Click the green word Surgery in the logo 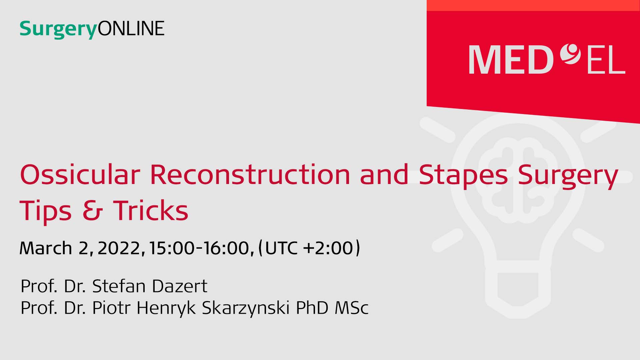(x=58, y=29)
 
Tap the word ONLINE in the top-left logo (x=131, y=28)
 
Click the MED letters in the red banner (x=511, y=60)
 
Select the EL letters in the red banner (x=606, y=60)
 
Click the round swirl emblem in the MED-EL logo (x=570, y=54)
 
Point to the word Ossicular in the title (x=80, y=174)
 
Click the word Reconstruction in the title (x=250, y=174)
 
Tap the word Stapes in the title (x=463, y=177)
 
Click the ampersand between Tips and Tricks (x=93, y=211)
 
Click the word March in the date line (x=46, y=248)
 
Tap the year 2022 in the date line (x=119, y=248)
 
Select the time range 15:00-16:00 (x=199, y=248)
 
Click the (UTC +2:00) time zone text (x=309, y=248)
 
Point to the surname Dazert (x=179, y=286)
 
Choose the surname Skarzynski (x=246, y=308)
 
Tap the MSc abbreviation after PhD (x=351, y=308)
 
